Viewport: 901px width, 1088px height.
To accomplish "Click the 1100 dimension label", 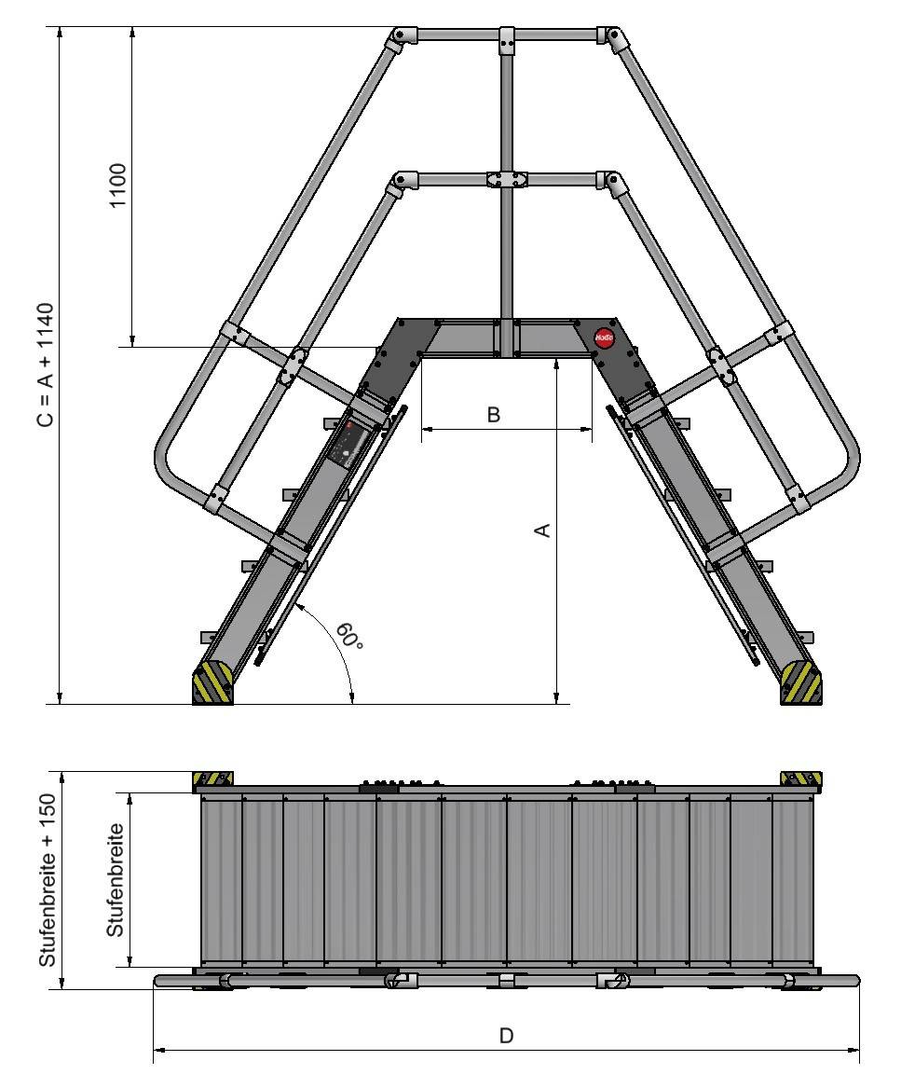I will [118, 186].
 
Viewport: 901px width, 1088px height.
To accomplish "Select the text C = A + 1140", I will [45, 365].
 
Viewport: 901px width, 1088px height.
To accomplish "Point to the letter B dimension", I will [494, 415].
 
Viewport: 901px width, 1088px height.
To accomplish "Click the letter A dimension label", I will [542, 530].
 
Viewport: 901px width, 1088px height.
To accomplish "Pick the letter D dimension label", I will [506, 1036].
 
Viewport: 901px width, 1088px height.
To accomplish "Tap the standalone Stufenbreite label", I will [116, 880].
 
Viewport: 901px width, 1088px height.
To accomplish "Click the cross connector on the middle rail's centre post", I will [506, 179].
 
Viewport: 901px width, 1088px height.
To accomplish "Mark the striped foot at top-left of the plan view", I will [212, 778].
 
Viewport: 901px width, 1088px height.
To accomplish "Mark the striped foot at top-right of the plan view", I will [800, 778].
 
